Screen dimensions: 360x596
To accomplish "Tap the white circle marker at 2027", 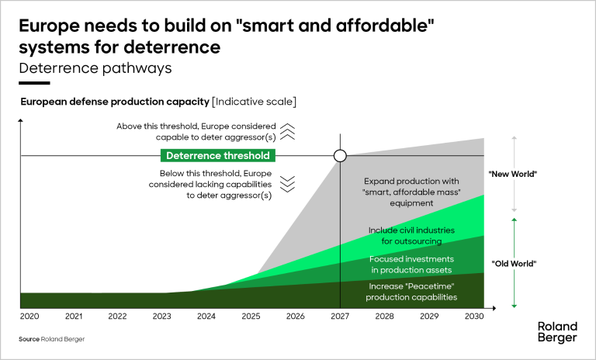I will click(x=340, y=156).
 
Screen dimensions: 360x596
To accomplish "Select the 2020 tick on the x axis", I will click(x=29, y=317).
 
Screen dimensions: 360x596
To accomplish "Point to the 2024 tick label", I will click(x=206, y=317).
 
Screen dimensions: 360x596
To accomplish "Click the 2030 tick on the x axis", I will click(x=473, y=317).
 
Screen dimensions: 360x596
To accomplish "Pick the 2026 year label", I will click(x=295, y=317).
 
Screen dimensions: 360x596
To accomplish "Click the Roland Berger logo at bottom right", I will click(x=557, y=331).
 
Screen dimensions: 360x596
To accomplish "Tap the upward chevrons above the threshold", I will click(x=287, y=131).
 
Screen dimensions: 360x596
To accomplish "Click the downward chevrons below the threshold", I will click(x=287, y=183).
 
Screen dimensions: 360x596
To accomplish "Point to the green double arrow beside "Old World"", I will click(x=514, y=263).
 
